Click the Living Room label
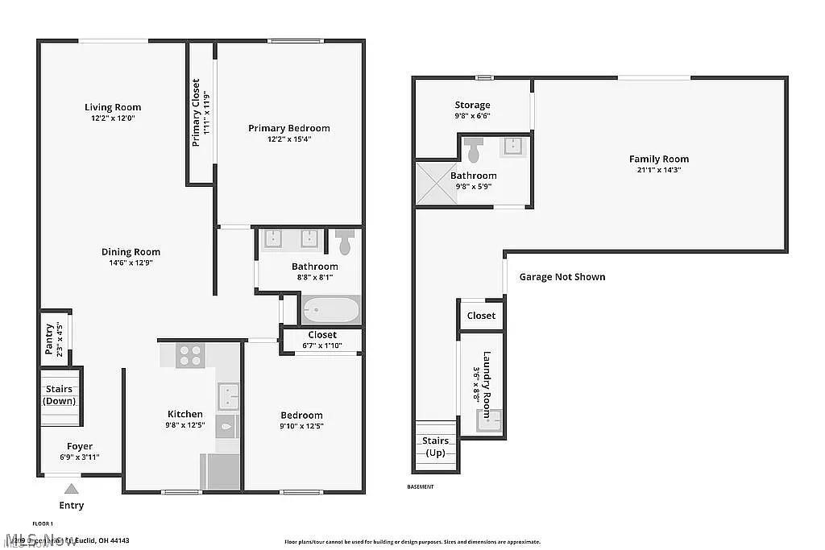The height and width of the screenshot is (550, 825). coord(113,107)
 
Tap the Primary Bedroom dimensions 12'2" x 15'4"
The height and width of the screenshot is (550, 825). coord(288,139)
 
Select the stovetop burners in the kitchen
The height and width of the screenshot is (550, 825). coord(190,355)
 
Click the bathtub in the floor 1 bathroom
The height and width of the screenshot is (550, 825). coord(330,309)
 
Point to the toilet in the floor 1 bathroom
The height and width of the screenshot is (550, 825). coord(345,241)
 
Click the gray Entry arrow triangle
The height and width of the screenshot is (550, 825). coord(72,488)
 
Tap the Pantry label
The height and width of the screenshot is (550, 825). coord(49,339)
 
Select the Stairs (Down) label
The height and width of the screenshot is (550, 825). coord(58,395)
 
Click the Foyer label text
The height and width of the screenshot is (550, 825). coord(79,446)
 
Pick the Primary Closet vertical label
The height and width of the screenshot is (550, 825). coord(196,113)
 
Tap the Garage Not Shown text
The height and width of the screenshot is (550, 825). coord(562,277)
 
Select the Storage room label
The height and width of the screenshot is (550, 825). coord(472,105)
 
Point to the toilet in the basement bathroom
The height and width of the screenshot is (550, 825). coord(475,149)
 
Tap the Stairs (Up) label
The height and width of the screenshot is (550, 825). coord(436,446)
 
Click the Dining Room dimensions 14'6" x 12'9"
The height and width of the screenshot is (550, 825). coord(131,263)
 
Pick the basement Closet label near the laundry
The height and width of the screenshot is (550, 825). coord(481,316)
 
